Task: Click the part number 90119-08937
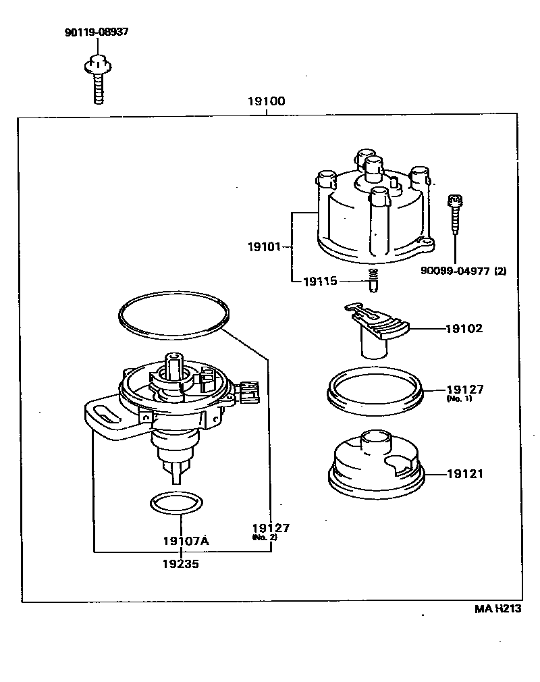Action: (x=97, y=32)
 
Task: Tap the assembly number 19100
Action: (x=266, y=102)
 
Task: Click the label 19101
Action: (x=265, y=247)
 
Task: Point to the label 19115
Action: (x=321, y=280)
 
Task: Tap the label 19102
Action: (x=464, y=329)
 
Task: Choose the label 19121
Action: (x=464, y=474)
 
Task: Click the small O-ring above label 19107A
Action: (x=175, y=503)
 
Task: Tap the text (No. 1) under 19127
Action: (x=458, y=399)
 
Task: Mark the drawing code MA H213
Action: (x=497, y=608)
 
